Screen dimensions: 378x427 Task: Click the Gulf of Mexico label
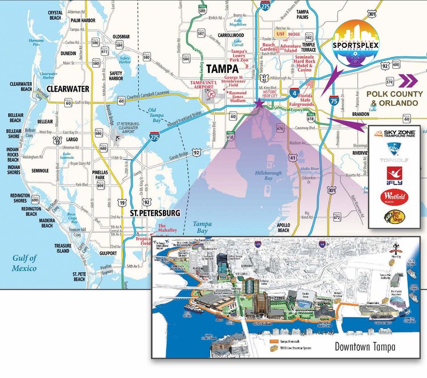(x=24, y=263)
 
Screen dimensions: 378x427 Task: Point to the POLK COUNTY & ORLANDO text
(x=395, y=98)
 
